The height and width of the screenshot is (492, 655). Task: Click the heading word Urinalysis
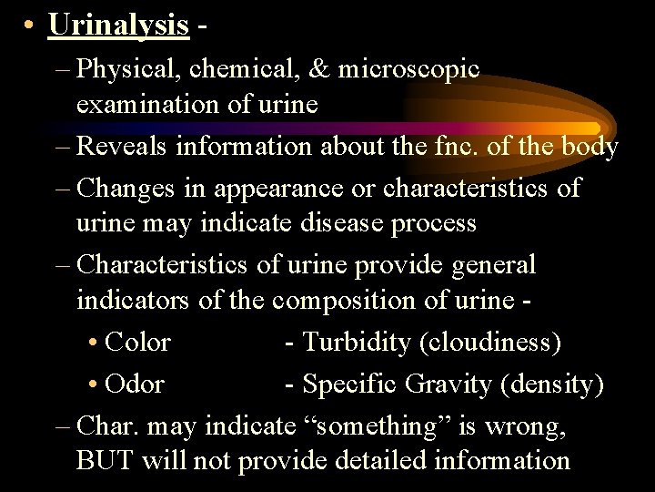tap(118, 26)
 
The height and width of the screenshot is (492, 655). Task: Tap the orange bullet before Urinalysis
tap(31, 26)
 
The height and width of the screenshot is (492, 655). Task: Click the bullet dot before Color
tap(95, 343)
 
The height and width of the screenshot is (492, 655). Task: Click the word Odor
tap(135, 384)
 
